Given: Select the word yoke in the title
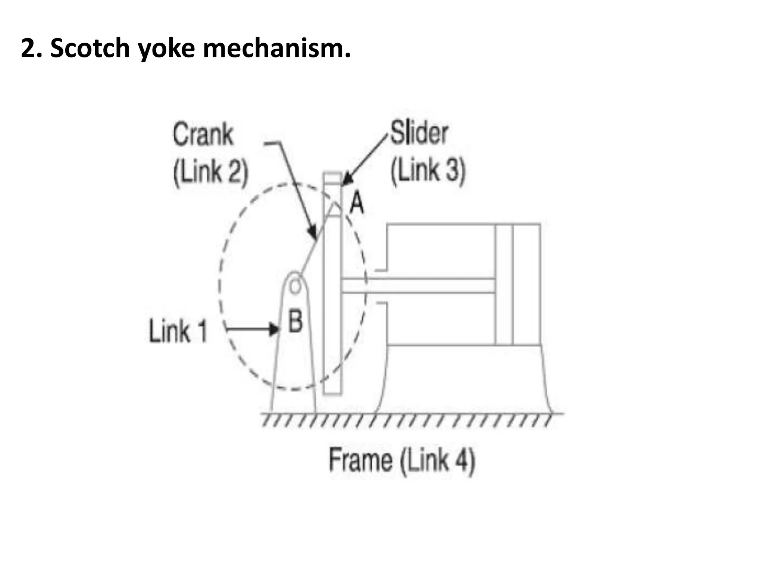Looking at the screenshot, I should coord(166,48).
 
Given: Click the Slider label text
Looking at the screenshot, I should coord(419,133).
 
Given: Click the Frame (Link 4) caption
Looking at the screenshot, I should coord(402,460).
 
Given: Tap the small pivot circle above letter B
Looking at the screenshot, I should coord(295,286).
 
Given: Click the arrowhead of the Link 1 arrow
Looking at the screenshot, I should coord(275,329).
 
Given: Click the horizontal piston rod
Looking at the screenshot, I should coord(418,286).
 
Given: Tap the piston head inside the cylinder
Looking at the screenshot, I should coord(504,284).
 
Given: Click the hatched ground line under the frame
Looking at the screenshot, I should coord(410,419).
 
